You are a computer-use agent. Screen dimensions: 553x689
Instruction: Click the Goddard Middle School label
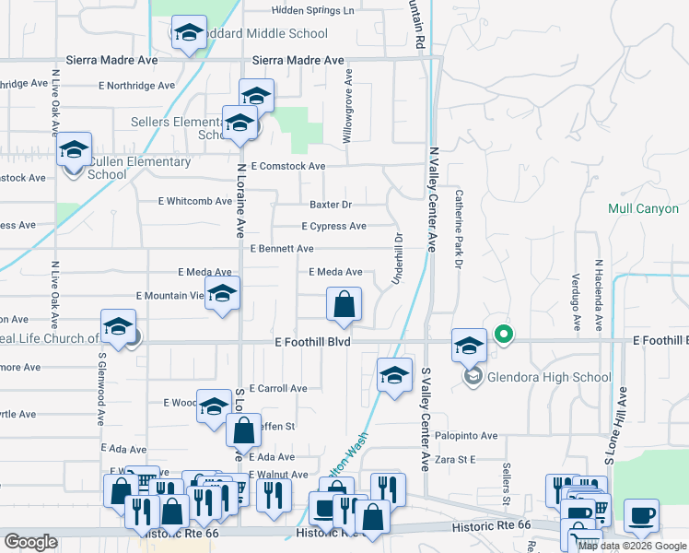[x=263, y=34]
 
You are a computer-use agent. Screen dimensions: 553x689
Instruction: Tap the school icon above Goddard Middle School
[x=189, y=34]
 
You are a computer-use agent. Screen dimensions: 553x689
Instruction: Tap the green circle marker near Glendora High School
[x=503, y=334]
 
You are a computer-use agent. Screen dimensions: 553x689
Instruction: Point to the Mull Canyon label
[x=643, y=209]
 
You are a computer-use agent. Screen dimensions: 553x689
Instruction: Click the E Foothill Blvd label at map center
[x=313, y=341]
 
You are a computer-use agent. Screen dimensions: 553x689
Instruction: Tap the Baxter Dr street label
[x=331, y=205]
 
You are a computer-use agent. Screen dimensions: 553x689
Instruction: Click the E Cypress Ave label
[x=333, y=227]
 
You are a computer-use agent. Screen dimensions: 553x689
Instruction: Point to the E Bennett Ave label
[x=282, y=249]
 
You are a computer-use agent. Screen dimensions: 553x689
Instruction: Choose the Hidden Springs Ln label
[x=312, y=11]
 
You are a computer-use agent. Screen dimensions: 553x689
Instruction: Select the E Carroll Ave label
[x=278, y=389]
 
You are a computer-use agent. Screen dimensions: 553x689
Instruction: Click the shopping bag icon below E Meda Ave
[x=344, y=304]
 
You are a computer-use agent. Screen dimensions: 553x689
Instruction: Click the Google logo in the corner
[x=30, y=542]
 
